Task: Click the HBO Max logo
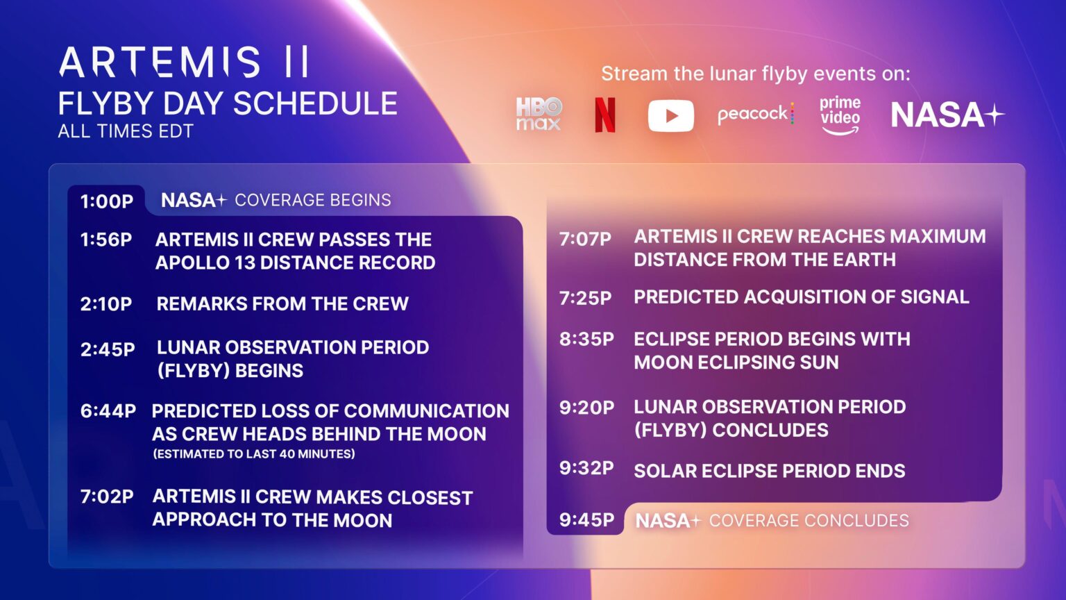(x=539, y=114)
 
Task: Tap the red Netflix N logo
(x=604, y=115)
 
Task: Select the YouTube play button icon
(x=670, y=115)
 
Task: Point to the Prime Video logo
(x=840, y=115)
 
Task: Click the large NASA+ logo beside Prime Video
(x=947, y=115)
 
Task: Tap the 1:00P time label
(x=107, y=201)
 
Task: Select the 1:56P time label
(x=106, y=240)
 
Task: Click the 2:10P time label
(x=106, y=304)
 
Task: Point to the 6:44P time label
(x=108, y=411)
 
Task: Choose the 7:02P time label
(x=107, y=497)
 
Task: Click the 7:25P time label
(x=586, y=298)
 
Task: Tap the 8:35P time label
(x=587, y=340)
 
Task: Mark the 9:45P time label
(x=587, y=520)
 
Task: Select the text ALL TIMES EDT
(x=126, y=131)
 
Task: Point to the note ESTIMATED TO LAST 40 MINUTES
(x=254, y=454)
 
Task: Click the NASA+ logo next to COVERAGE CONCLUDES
(x=668, y=521)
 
